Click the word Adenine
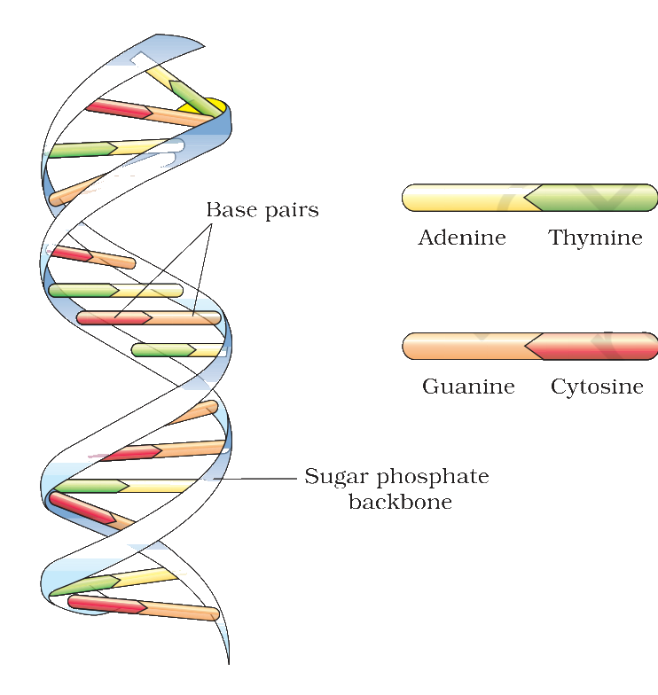click(x=462, y=238)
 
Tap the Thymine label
click(x=596, y=238)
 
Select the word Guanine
click(x=468, y=387)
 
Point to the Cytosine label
click(x=598, y=387)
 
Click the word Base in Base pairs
click(x=231, y=209)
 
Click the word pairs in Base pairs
click(x=292, y=211)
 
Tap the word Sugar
click(x=337, y=478)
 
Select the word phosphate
click(x=433, y=477)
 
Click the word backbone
click(x=401, y=502)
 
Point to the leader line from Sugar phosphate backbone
click(x=255, y=479)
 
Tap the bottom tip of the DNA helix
click(x=229, y=664)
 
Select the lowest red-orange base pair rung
click(x=144, y=608)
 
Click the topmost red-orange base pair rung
click(x=149, y=112)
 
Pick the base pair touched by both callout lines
click(x=149, y=317)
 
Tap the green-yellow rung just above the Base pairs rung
click(x=115, y=291)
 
